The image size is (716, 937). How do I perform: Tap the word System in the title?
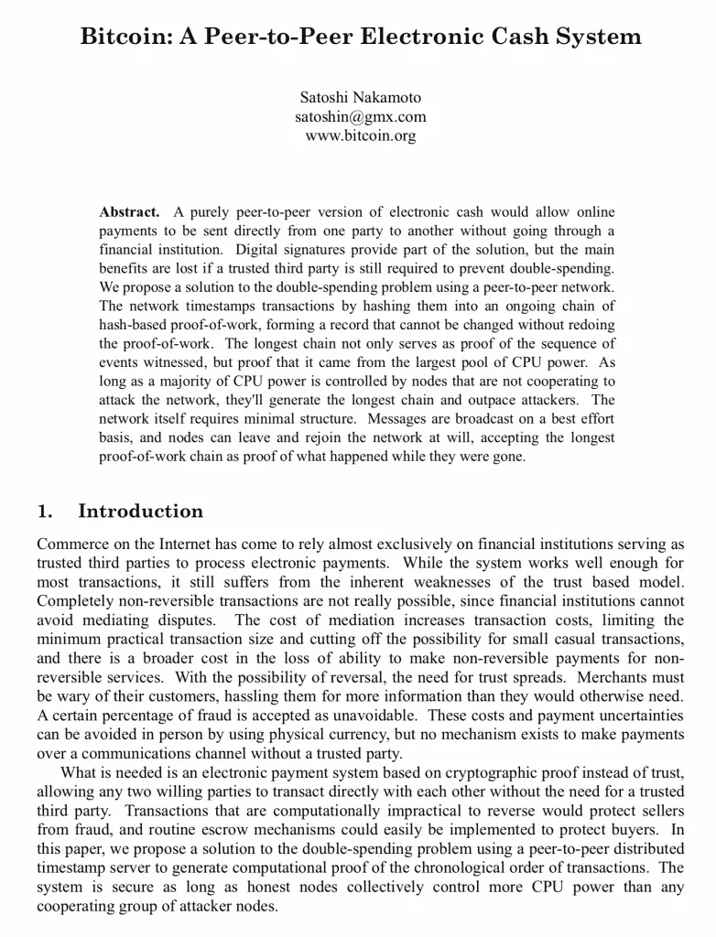point(595,38)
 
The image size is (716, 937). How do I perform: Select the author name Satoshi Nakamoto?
point(360,97)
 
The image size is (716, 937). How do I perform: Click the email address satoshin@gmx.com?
point(360,116)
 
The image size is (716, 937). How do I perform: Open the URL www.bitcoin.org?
point(360,135)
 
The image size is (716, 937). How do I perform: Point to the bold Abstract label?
point(129,212)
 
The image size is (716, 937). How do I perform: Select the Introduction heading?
point(140,512)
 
